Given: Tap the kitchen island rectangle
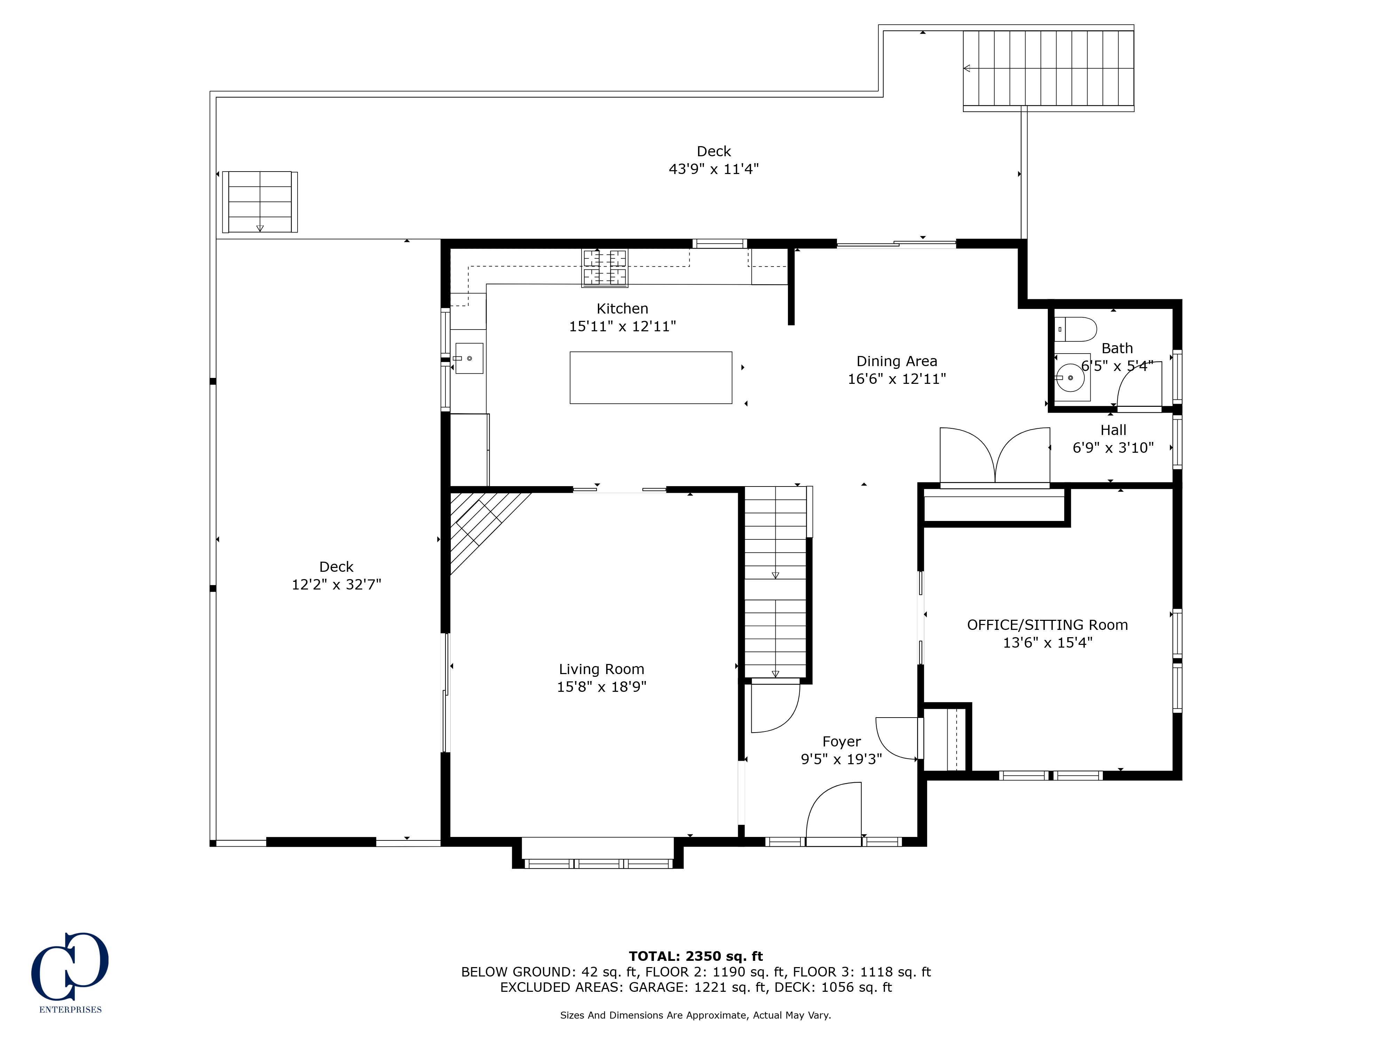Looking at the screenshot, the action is (651, 378).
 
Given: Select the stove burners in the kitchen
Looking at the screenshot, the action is (605, 268).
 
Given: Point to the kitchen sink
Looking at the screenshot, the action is (469, 358).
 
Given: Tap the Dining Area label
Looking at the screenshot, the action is (897, 361).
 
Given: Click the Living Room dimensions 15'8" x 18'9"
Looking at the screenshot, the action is (602, 687).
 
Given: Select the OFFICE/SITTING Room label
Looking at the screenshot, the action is (1047, 625).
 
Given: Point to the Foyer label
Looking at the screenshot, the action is (841, 742).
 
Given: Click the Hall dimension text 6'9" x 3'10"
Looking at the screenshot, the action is (1113, 448).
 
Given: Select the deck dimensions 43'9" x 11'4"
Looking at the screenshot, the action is (714, 169).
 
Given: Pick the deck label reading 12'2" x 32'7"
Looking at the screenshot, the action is (336, 585).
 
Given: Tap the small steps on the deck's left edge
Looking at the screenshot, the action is (260, 202).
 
